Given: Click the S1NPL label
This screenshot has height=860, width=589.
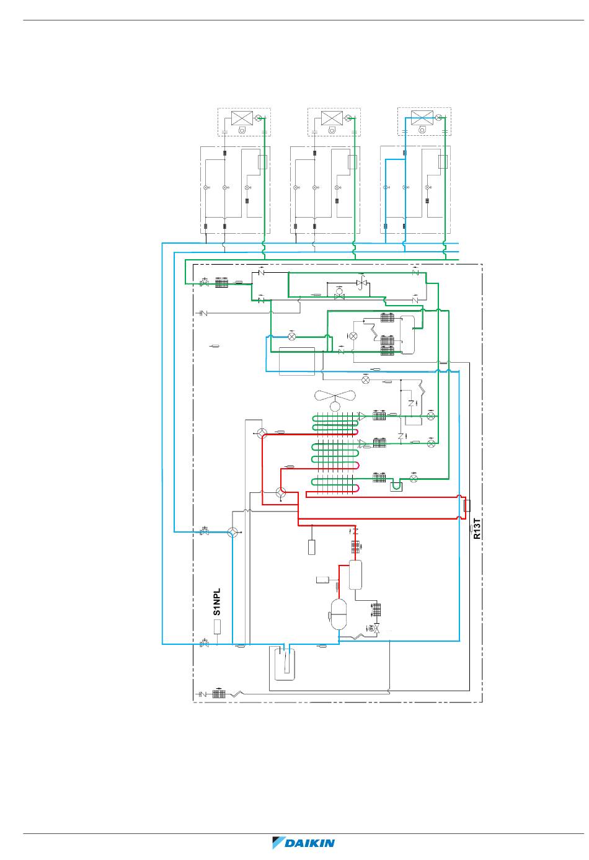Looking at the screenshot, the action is [217, 601].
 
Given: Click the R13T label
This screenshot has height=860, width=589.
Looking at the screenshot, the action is [477, 529].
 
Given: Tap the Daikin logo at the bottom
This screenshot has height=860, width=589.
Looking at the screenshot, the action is [303, 843].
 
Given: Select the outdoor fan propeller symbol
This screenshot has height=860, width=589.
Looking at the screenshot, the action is [335, 400].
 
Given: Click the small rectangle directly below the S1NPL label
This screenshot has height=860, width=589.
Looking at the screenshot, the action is [218, 627].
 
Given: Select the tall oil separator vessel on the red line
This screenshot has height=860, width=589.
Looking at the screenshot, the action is [355, 575].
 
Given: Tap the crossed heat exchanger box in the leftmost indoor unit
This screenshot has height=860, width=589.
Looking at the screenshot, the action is [242, 118].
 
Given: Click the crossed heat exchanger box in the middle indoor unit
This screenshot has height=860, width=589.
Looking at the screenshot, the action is [332, 118].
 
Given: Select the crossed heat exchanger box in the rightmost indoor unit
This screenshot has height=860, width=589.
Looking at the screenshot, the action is [422, 117].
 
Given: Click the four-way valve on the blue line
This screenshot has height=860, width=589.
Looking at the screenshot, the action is [232, 532].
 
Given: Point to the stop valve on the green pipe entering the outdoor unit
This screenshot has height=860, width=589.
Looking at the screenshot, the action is [205, 283].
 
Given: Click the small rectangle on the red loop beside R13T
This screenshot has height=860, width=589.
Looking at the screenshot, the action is [467, 505].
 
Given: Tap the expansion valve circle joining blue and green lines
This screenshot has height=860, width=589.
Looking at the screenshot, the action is [292, 337].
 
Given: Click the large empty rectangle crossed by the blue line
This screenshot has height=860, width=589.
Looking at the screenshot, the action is [297, 361].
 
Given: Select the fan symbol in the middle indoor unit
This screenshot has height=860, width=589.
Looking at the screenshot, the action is [332, 130].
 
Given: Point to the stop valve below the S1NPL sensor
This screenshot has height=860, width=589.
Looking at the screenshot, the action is [205, 644].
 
